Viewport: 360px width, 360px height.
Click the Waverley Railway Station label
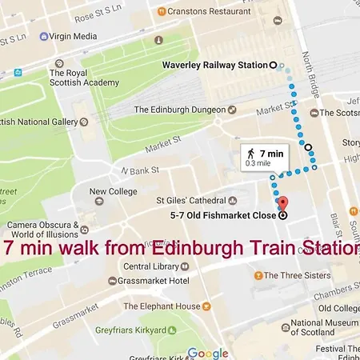(214, 65)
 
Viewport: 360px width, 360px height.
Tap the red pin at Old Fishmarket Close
(281, 202)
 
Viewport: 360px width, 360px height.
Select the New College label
(108, 191)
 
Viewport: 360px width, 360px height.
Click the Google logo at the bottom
(208, 353)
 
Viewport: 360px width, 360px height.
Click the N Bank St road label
(140, 170)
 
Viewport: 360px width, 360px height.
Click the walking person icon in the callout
(250, 153)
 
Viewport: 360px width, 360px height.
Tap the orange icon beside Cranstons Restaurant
(162, 11)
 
